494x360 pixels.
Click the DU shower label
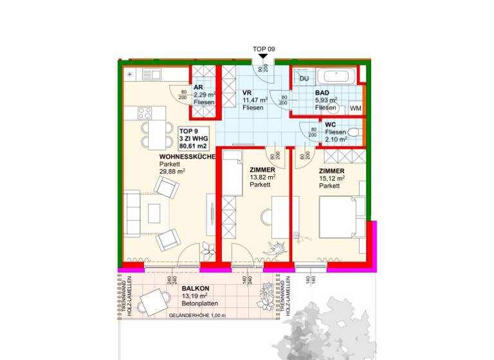pyautogui.click(x=304, y=78)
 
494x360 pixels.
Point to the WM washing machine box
pyautogui.click(x=356, y=109)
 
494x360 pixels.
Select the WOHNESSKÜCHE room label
pyautogui.click(x=187, y=156)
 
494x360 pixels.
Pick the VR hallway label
pyautogui.click(x=246, y=93)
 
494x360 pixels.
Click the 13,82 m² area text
pyautogui.click(x=262, y=177)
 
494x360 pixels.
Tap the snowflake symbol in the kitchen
pyautogui.click(x=131, y=74)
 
